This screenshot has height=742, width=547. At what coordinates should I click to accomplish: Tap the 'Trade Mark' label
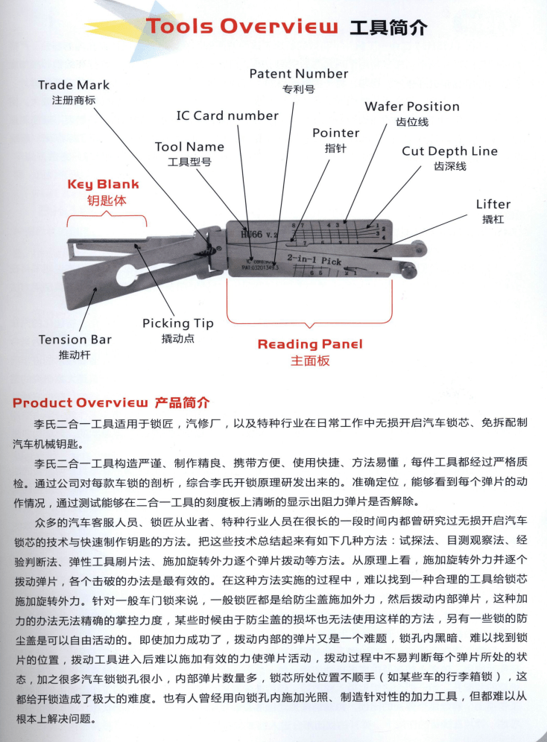74,85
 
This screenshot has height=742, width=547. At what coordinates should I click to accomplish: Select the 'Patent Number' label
298,74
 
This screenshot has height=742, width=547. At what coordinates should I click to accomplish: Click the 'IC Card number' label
227,115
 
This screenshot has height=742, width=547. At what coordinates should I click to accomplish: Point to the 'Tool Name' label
189,147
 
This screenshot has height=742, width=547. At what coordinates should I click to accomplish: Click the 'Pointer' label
335,133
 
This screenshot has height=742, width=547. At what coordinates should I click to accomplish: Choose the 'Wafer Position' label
411,107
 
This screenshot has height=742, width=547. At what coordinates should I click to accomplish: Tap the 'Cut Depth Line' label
449,150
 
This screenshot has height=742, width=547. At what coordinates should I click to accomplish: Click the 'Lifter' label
493,204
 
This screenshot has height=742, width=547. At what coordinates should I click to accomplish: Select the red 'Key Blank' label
103,184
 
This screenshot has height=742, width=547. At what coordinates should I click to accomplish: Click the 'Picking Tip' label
177,323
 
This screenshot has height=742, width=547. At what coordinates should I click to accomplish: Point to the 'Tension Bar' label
75,340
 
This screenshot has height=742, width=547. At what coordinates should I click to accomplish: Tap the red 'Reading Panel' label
309,344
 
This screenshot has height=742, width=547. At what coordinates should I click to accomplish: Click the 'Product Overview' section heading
81,403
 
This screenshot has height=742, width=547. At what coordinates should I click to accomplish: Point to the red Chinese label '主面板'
309,361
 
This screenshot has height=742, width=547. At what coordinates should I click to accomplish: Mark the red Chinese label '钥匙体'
103,200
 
